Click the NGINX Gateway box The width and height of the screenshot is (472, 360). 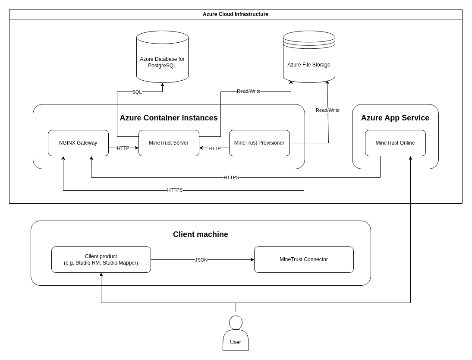[x=78, y=143]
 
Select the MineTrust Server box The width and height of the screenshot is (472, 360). [x=169, y=143]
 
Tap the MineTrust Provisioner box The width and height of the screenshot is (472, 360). [x=259, y=143]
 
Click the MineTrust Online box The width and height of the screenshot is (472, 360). [x=395, y=143]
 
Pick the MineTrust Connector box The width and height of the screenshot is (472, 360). [x=304, y=259]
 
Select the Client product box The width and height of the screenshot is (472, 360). [x=101, y=259]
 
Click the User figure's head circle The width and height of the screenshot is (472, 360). [x=236, y=322]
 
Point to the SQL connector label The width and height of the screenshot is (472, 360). [x=137, y=92]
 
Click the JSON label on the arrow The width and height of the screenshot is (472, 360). [x=201, y=260]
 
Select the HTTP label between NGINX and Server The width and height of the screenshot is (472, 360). [x=123, y=148]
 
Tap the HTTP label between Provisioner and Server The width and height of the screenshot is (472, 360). [x=214, y=148]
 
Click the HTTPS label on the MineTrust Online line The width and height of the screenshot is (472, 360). [x=231, y=177]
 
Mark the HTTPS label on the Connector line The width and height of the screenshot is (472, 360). [x=175, y=190]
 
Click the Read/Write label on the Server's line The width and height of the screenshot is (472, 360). [x=249, y=91]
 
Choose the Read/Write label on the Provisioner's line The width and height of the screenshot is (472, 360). [x=327, y=110]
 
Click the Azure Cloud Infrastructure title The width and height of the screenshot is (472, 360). [x=236, y=14]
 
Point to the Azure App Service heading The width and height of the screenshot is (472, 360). [x=395, y=118]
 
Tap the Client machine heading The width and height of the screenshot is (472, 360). [x=201, y=234]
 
